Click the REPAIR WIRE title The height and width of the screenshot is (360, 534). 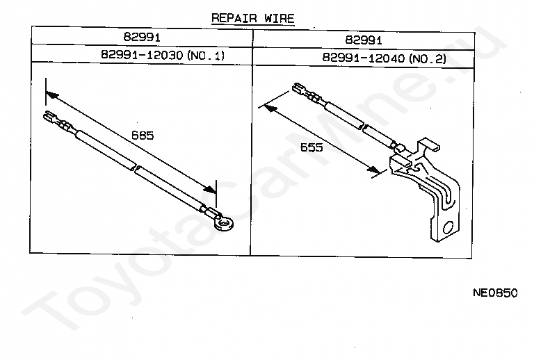tap(253, 19)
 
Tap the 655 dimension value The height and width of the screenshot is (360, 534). tap(311, 147)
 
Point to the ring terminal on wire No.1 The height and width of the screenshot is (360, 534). tap(225, 223)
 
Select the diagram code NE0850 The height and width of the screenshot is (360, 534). tap(495, 293)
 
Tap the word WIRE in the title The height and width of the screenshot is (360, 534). tap(280, 19)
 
